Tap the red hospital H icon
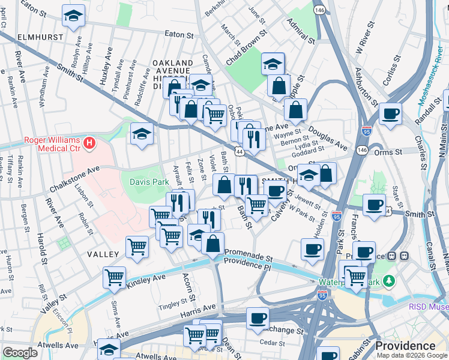coord(89,143)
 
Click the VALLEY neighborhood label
coord(103,254)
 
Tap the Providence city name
coord(405,346)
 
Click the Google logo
coord(20,353)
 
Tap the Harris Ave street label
coord(194,310)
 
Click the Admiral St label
coord(301,31)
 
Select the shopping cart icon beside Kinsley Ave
coord(114,277)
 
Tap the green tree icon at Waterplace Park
coord(390,280)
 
